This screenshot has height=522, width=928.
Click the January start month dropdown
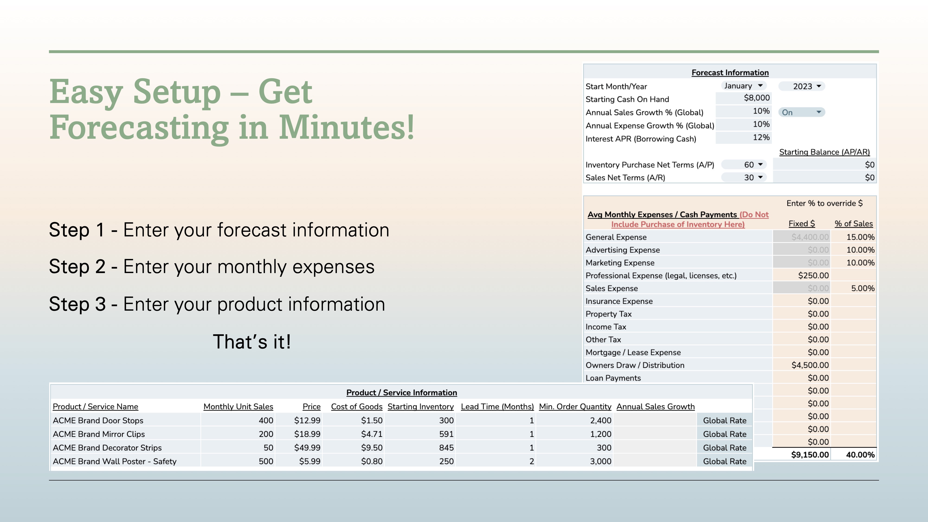pos(744,86)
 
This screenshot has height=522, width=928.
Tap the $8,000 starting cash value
pos(757,98)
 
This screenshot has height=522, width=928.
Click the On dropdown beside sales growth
pos(802,112)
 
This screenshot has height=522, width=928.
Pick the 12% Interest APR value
pos(761,138)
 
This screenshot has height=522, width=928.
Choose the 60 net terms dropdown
pos(744,165)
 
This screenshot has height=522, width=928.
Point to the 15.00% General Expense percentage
pos(860,237)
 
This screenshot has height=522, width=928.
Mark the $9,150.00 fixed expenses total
pos(810,455)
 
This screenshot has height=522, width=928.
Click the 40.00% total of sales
pos(860,455)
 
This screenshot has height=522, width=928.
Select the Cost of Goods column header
pos(357,407)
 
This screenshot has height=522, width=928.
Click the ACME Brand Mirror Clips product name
pos(99,434)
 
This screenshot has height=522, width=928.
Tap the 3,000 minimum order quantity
pos(601,461)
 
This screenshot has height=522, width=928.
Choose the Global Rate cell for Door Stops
pos(725,420)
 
